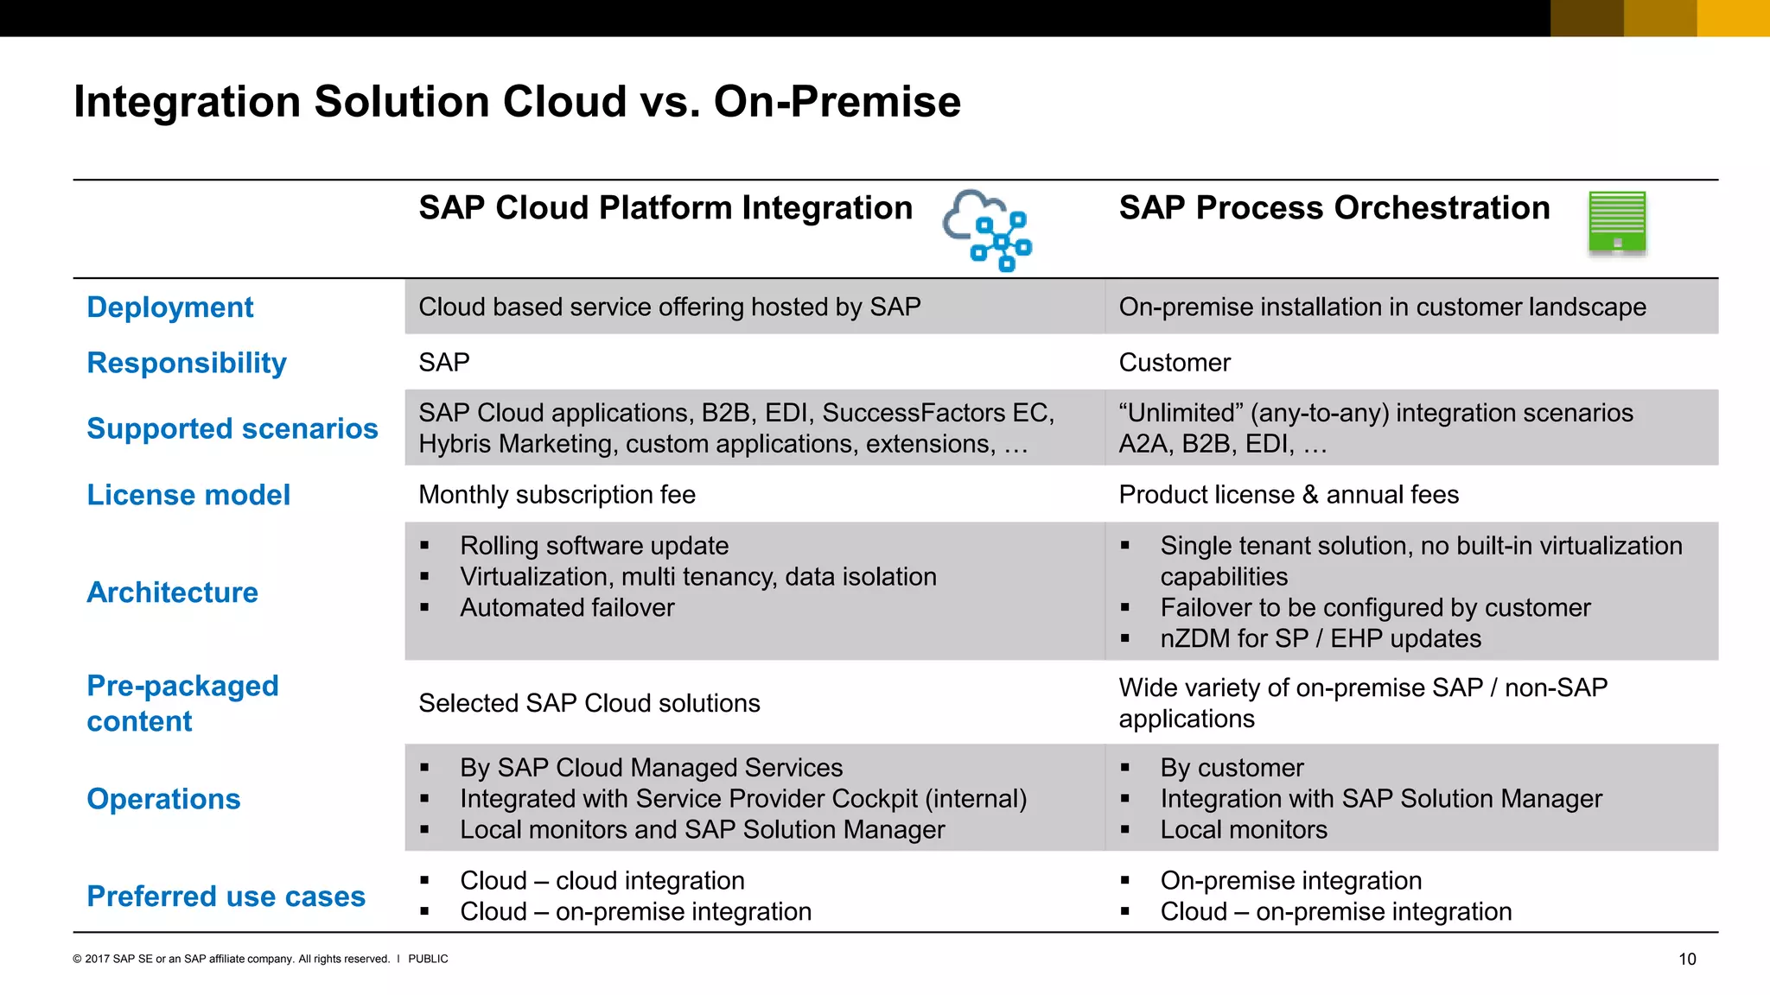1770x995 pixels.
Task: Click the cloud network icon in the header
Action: pos(988,230)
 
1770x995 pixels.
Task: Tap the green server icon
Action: pos(1617,222)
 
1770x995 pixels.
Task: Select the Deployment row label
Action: pos(170,307)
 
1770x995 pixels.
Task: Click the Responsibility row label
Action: pos(187,363)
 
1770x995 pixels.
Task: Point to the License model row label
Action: pos(188,495)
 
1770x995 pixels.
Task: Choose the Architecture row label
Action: pos(173,593)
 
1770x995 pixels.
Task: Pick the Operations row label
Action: pos(163,799)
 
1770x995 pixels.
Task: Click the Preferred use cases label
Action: pos(226,897)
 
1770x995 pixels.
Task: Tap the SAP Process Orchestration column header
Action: pos(1334,208)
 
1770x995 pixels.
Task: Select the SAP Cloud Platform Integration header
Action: pos(665,208)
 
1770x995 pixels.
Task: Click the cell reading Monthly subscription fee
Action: pos(557,495)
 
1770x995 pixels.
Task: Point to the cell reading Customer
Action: pos(1175,363)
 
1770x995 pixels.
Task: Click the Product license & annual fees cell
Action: pos(1289,495)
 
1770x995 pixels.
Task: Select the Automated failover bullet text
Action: pos(567,608)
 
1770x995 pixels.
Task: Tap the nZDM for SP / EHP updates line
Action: pos(1321,639)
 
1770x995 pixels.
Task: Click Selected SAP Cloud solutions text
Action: pos(589,703)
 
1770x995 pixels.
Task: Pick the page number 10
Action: pos(1687,959)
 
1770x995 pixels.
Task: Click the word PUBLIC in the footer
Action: pos(428,959)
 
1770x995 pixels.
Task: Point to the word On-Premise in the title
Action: pos(837,102)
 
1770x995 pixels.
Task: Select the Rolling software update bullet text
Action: pos(595,546)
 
